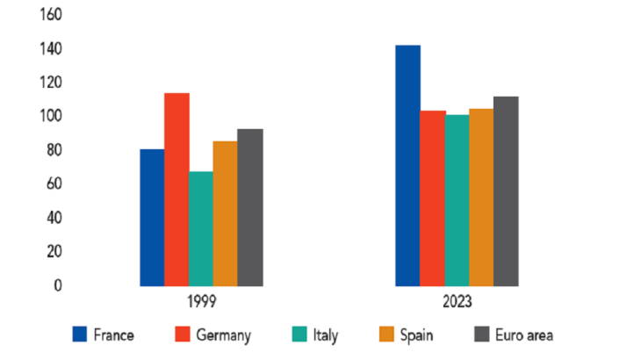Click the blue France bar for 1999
pyautogui.click(x=152, y=218)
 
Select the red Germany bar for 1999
pyautogui.click(x=176, y=190)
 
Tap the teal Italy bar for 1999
pyautogui.click(x=201, y=228)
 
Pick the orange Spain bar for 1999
pyautogui.click(x=226, y=213)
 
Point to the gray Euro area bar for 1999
pyautogui.click(x=250, y=207)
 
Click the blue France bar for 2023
pyautogui.click(x=407, y=165)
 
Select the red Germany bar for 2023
pyautogui.click(x=432, y=198)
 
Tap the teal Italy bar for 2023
pyautogui.click(x=457, y=200)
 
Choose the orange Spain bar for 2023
pyautogui.click(x=481, y=198)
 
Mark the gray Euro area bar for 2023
pyautogui.click(x=506, y=191)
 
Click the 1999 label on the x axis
pyautogui.click(x=201, y=301)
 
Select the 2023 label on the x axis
pyautogui.click(x=457, y=301)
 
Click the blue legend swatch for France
pyautogui.click(x=81, y=335)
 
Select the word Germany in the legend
pyautogui.click(x=225, y=335)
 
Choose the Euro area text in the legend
pyautogui.click(x=525, y=335)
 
